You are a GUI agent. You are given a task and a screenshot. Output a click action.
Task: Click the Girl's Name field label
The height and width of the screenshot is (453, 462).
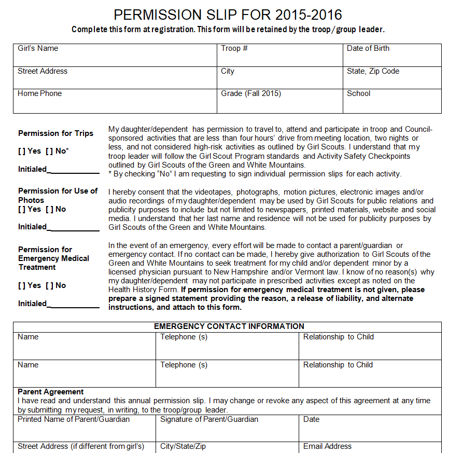coord(38,48)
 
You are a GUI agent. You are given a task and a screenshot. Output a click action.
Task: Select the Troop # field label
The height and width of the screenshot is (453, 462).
coord(234,48)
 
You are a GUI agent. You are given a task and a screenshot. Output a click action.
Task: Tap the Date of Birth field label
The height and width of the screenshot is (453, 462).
coord(368,48)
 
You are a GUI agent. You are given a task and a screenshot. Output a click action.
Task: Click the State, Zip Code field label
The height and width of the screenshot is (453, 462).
coord(373,71)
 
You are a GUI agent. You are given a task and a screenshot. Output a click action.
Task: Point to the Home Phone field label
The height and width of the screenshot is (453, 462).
coord(39,93)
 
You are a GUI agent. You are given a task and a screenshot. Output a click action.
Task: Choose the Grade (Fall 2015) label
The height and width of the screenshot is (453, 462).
coord(251,93)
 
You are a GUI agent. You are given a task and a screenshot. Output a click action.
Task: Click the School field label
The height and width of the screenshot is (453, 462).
coord(359,93)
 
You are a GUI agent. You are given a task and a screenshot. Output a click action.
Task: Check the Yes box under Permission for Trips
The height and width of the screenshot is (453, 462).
coord(21,151)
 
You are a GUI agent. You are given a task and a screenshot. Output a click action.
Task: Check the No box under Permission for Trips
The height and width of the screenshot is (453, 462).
coord(49,151)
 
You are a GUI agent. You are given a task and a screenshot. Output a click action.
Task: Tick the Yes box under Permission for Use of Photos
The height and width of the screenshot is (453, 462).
coord(21,209)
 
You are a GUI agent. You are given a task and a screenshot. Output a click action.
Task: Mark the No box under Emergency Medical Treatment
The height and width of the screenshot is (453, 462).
coord(49,285)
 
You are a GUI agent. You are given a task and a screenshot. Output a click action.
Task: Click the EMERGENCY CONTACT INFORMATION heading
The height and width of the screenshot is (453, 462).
coord(229,326)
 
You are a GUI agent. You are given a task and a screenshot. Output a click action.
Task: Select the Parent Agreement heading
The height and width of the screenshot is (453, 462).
coord(51,392)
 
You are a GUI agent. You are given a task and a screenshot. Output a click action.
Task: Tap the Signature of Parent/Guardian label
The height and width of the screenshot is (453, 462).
coord(209,419)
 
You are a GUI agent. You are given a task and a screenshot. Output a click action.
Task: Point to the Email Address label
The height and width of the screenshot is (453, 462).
coord(327,446)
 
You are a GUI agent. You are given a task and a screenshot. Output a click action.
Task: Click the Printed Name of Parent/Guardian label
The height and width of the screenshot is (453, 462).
coord(74,419)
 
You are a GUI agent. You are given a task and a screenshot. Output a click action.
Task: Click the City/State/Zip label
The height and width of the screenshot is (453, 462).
coord(184,446)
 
